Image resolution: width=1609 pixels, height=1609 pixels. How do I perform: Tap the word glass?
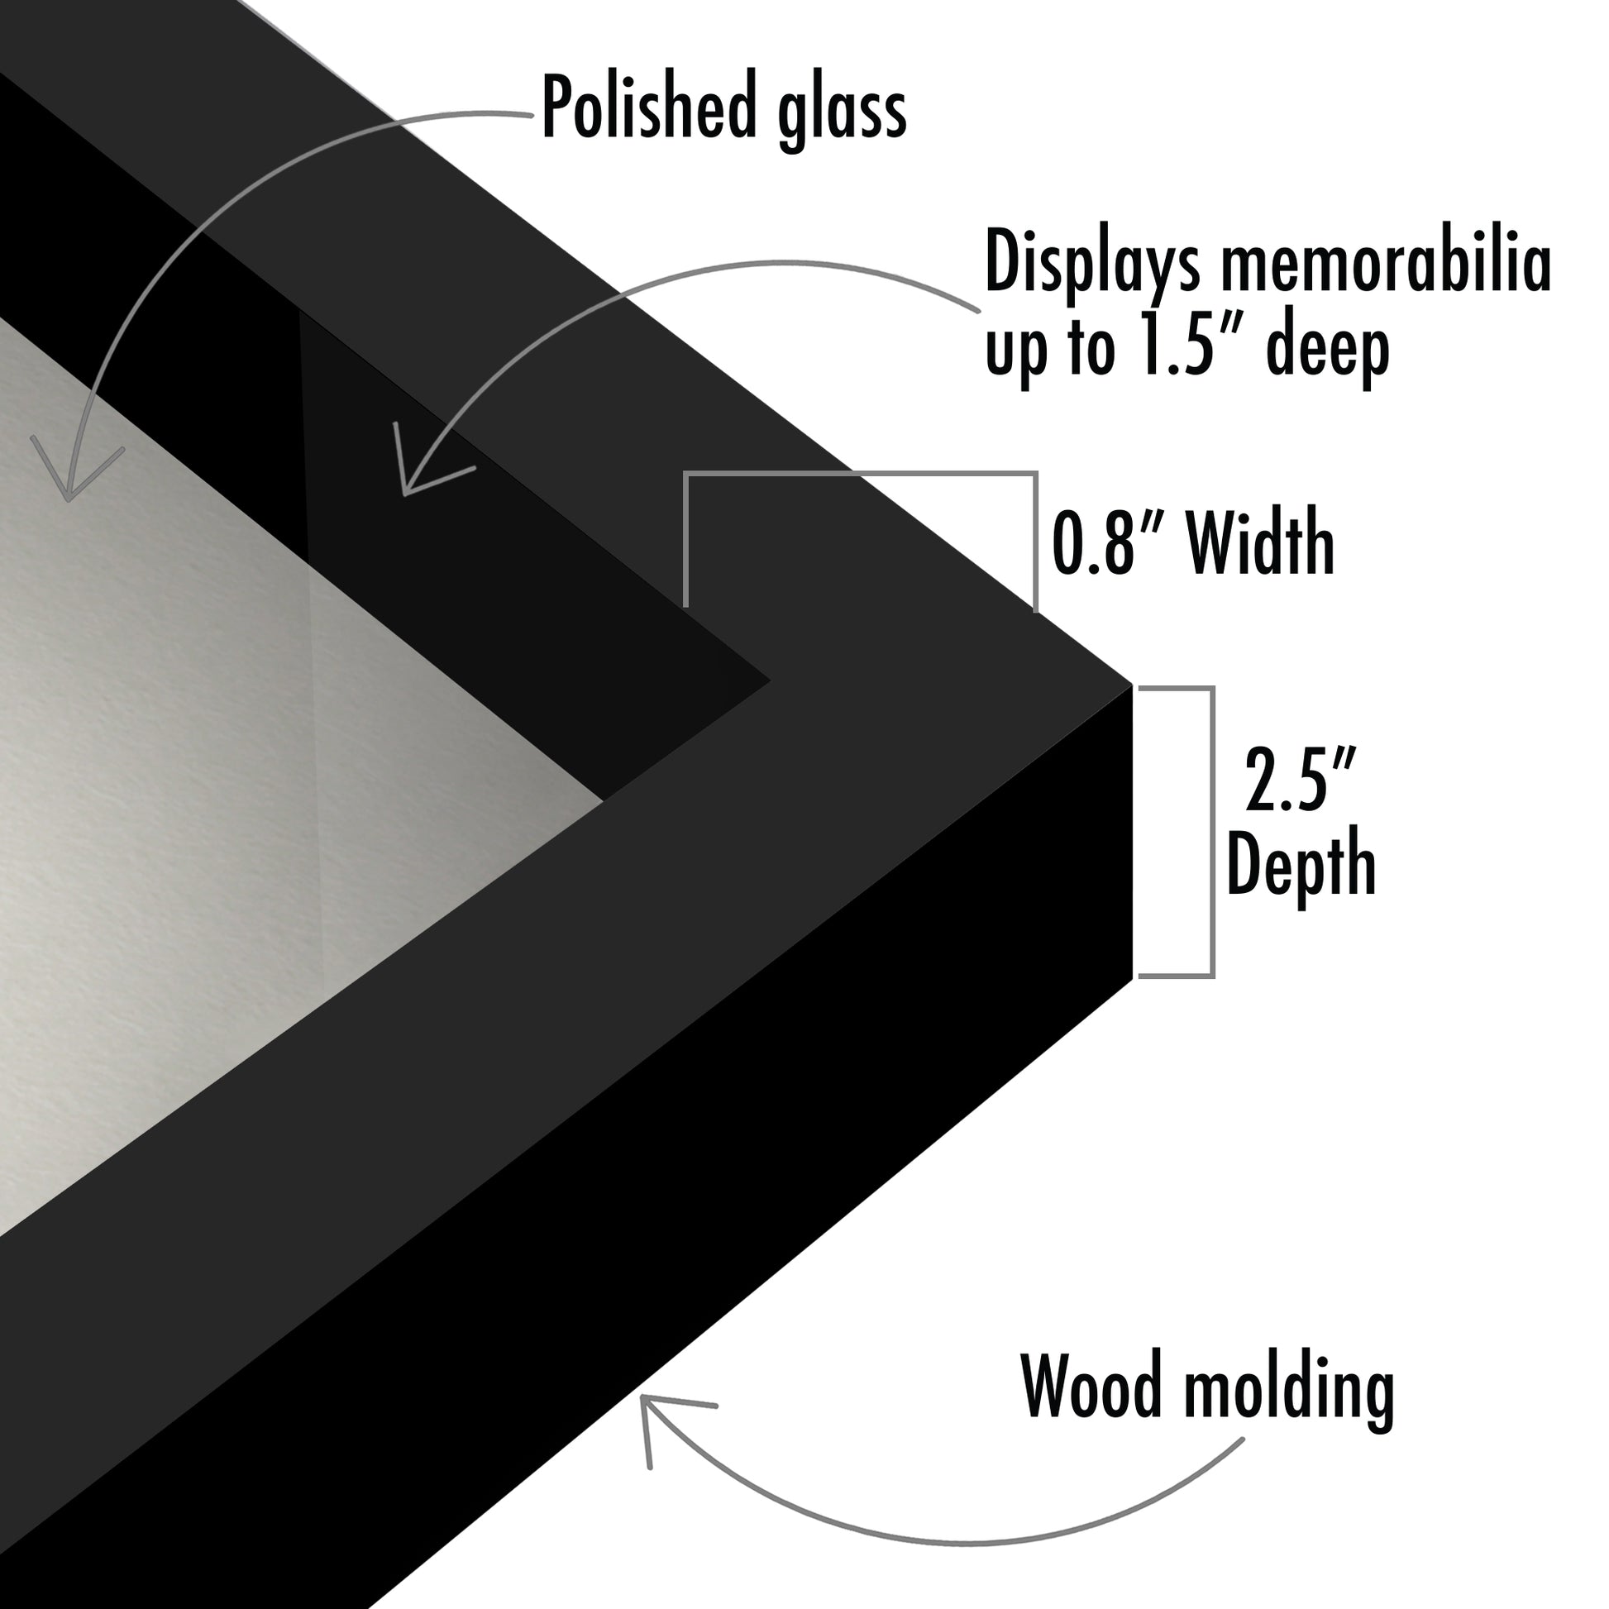pyautogui.click(x=841, y=112)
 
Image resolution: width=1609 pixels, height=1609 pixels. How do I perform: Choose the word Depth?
pyautogui.click(x=1301, y=863)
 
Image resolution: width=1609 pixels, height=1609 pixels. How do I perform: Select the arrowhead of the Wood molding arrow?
pyautogui.click(x=644, y=1400)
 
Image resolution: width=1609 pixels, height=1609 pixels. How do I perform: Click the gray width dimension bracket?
pyautogui.click(x=860, y=475)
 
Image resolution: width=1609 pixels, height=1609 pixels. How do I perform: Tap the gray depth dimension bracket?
pyautogui.click(x=1211, y=832)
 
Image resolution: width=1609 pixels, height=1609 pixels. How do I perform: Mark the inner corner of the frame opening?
pyautogui.click(x=769, y=682)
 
